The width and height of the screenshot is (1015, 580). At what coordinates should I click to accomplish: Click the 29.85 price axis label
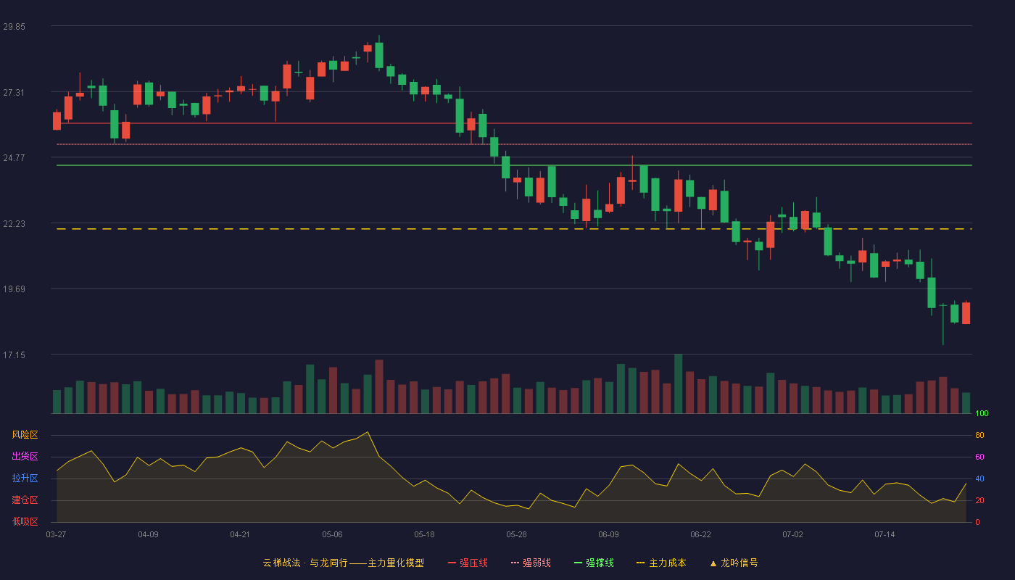14,27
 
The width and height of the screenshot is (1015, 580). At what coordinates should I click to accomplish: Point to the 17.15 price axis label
14,355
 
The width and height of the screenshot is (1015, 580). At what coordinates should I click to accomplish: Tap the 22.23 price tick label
14,224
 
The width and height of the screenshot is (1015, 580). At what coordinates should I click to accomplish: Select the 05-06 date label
332,535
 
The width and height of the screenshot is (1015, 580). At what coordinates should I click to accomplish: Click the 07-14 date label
884,535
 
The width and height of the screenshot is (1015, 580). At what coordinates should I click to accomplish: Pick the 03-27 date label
57,535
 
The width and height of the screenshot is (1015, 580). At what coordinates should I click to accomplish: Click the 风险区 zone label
25,435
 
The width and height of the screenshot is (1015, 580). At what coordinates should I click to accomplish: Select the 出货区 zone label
25,456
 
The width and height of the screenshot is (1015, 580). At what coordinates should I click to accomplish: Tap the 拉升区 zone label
25,478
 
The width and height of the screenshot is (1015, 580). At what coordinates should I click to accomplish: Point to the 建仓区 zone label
25,500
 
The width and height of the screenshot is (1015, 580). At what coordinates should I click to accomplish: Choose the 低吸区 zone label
25,521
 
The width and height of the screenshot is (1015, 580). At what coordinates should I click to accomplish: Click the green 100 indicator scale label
982,413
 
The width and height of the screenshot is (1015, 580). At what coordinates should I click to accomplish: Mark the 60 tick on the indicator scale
979,457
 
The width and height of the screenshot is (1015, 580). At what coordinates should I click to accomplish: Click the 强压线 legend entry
468,563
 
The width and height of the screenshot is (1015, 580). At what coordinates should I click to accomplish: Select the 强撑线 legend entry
594,563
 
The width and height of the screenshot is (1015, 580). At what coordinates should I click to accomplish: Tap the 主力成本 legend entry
661,563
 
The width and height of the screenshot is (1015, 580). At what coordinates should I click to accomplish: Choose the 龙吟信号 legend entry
734,563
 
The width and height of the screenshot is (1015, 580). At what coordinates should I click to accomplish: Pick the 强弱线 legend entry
531,563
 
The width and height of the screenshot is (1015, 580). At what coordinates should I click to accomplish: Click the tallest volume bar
679,384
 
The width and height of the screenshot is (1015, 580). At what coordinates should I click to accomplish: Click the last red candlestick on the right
966,312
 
